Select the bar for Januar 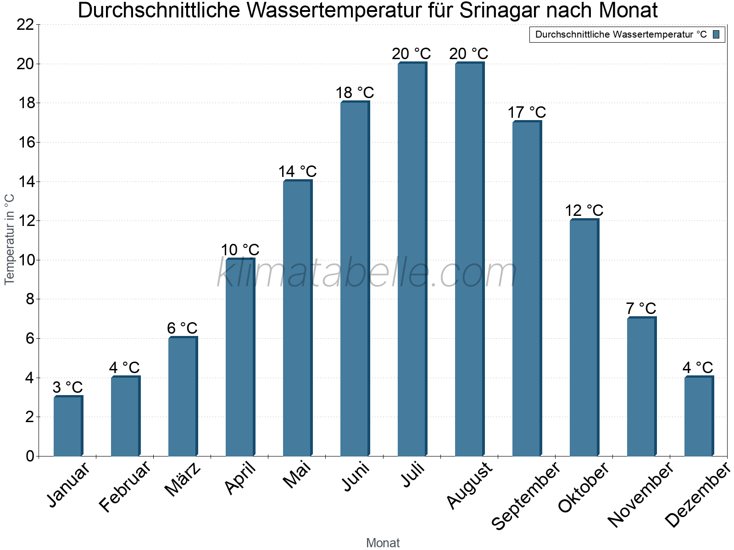68,426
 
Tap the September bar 527,289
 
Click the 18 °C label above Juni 355,93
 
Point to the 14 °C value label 297,171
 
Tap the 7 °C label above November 641,308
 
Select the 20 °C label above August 469,54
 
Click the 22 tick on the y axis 25,25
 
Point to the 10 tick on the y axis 25,260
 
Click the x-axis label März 183,479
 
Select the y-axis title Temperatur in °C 10,239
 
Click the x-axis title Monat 383,543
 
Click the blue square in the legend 716,34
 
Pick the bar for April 240,357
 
